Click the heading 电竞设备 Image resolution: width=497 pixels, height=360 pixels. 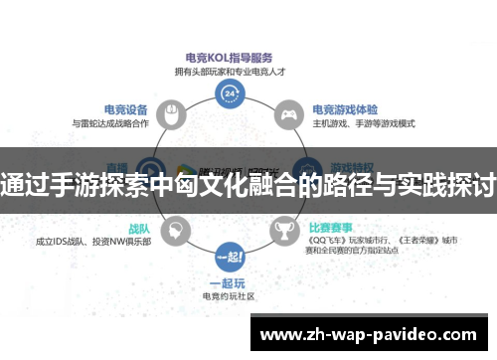[126, 109]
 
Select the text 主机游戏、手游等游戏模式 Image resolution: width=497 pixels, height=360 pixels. [360, 124]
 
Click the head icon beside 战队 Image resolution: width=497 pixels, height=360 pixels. [173, 231]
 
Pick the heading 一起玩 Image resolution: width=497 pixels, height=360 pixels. [230, 281]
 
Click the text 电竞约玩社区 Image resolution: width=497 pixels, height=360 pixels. [230, 295]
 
